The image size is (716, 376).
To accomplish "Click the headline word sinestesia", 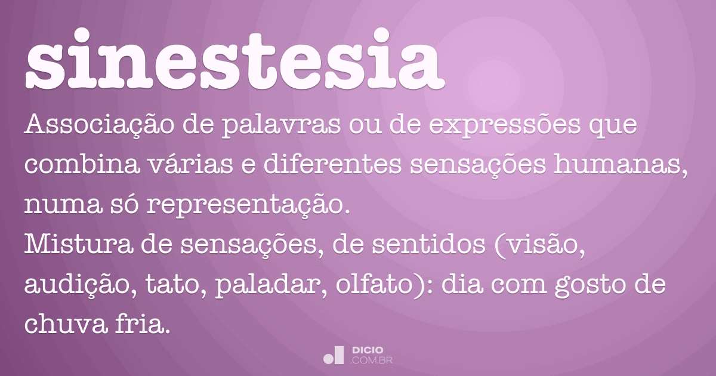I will coord(236,58).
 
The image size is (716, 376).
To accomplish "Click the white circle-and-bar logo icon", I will coord(334,355).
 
